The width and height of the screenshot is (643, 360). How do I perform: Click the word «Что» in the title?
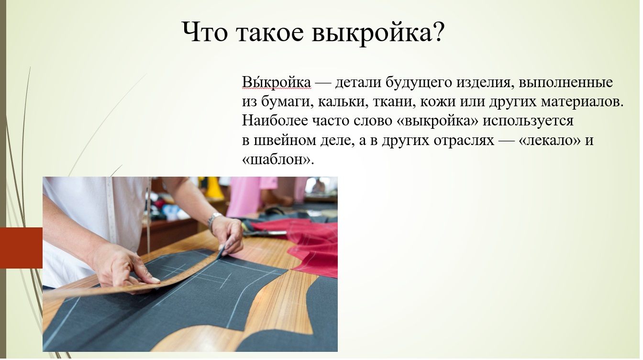tap(205, 32)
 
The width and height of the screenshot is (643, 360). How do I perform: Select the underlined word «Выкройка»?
tap(277, 82)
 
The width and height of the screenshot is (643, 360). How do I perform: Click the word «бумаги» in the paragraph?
tap(287, 101)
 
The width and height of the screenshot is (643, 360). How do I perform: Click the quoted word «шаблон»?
tap(277, 159)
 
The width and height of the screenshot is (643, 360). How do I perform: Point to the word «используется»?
tap(528, 121)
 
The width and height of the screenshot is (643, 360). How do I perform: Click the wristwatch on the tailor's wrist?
tap(214, 220)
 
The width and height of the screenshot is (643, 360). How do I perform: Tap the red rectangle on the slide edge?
tap(21, 247)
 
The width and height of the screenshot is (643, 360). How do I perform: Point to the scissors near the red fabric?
tap(266, 232)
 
